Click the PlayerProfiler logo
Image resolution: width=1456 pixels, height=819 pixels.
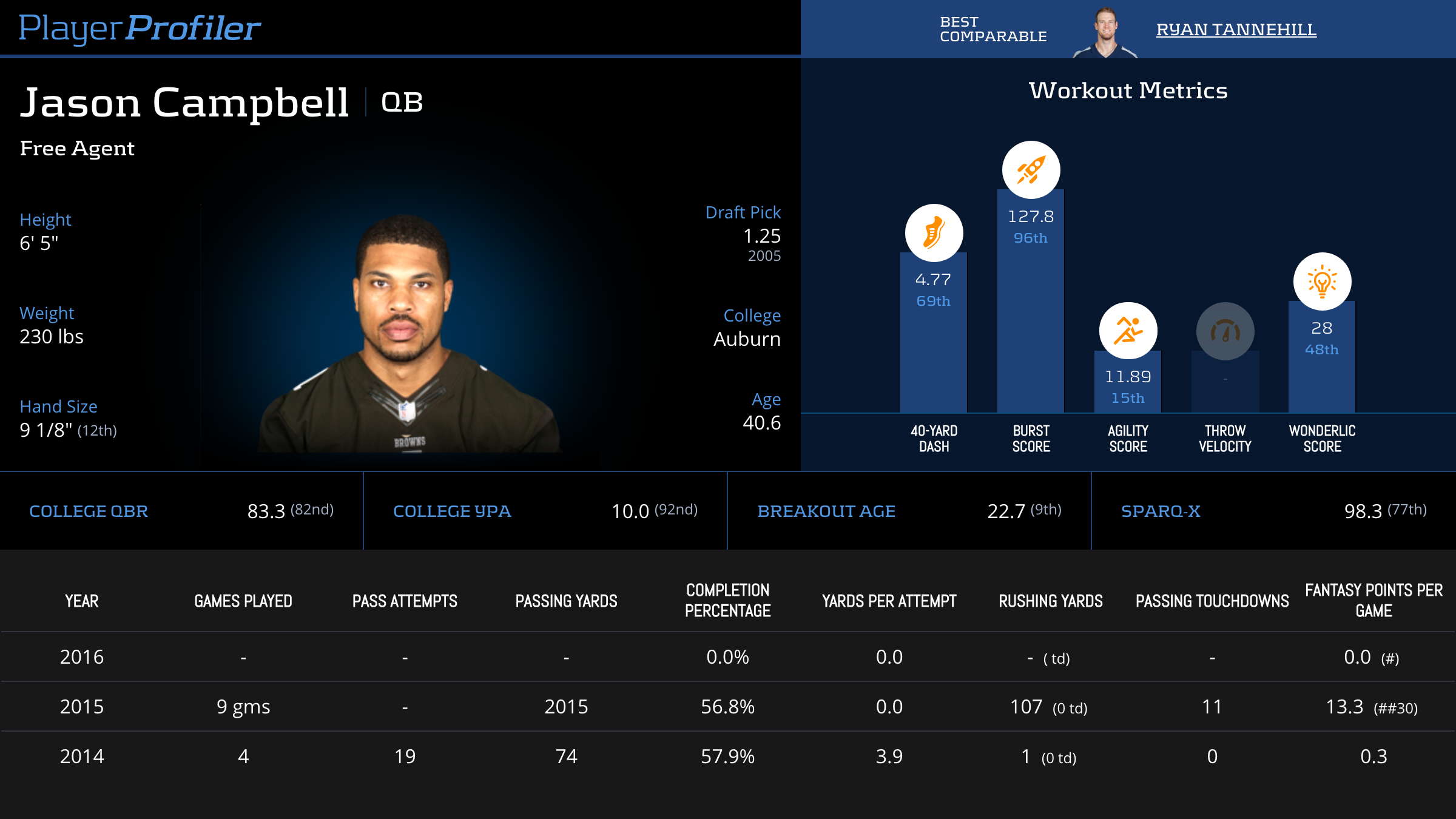tap(140, 28)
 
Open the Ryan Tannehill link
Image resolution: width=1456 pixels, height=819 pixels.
tap(1236, 29)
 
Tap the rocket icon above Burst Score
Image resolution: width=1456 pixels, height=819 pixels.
tap(1031, 170)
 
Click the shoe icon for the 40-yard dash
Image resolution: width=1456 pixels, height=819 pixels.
tap(934, 233)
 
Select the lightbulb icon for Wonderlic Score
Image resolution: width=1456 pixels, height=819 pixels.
tap(1322, 281)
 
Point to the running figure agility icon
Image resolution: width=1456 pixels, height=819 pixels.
tap(1128, 331)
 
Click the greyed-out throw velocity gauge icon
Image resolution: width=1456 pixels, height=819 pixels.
tap(1225, 331)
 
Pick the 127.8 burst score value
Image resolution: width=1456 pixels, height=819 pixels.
tap(1031, 217)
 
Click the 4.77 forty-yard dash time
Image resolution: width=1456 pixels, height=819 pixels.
tap(933, 280)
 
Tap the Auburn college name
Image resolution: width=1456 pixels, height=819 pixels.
tap(747, 339)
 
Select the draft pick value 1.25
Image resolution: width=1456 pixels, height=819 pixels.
tap(762, 236)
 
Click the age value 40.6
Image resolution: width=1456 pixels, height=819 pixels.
tap(761, 423)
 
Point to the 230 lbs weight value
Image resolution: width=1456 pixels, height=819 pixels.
tap(52, 337)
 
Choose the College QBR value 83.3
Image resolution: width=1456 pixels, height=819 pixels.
tap(266, 511)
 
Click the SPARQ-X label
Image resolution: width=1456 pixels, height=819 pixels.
tap(1161, 511)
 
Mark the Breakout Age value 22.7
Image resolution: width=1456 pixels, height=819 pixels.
tap(1006, 511)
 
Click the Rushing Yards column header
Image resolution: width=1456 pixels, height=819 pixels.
tap(1051, 601)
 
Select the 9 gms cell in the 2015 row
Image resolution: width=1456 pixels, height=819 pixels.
tap(243, 707)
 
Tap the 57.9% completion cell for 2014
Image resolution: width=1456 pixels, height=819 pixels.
tap(727, 757)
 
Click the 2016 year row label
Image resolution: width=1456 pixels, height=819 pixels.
tap(82, 657)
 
